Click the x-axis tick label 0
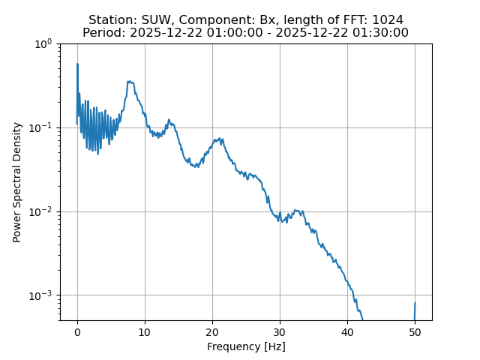pos(77,331)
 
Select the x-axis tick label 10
pos(145,331)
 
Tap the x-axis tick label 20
pos(212,331)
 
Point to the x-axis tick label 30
pos(280,331)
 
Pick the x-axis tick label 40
pos(347,331)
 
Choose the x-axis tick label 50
pos(415,331)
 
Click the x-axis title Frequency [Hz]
pos(246,346)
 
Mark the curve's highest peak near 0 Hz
pos(77,64)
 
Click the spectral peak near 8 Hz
pos(130,82)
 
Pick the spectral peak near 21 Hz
pos(219,139)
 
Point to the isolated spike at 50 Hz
pos(415,303)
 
